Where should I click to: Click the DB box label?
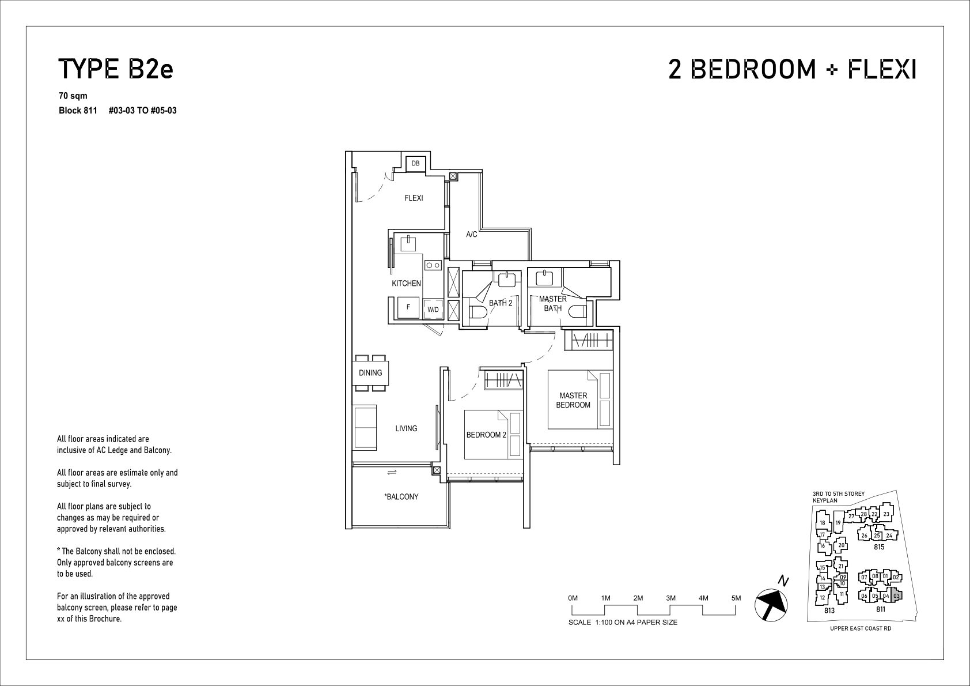click(x=415, y=163)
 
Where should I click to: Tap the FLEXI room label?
click(x=414, y=198)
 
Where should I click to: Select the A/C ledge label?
click(x=472, y=235)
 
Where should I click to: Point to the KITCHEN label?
click(x=406, y=284)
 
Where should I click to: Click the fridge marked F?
click(x=408, y=307)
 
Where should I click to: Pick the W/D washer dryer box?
click(x=433, y=310)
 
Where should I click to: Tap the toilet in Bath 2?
click(x=478, y=312)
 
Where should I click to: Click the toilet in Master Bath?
click(x=578, y=312)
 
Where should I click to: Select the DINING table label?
click(x=370, y=372)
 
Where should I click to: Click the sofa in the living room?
click(x=366, y=427)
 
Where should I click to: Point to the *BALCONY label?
click(x=401, y=496)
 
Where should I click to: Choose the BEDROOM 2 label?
click(x=486, y=435)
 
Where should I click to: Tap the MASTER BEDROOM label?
click(x=573, y=400)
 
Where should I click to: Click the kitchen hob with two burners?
click(x=433, y=265)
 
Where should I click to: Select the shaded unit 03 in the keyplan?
click(x=896, y=595)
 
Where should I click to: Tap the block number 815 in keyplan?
click(x=878, y=547)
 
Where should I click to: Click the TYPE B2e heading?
click(x=116, y=69)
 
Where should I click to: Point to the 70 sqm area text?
click(x=73, y=96)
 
